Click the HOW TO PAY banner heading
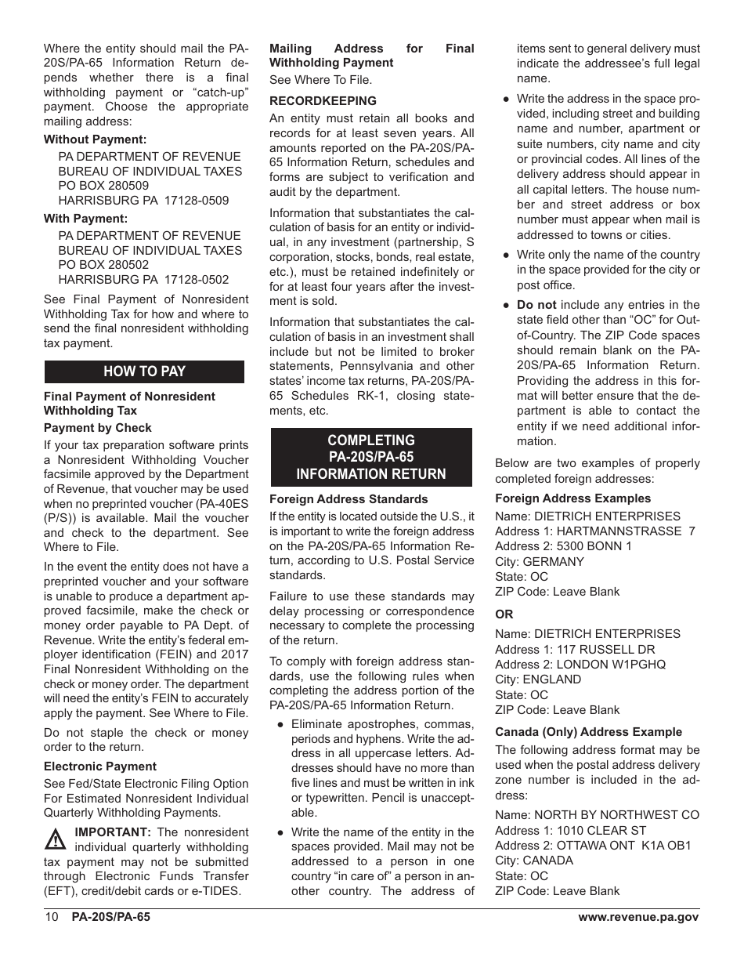click(x=144, y=371)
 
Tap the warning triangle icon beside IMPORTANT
click(x=56, y=840)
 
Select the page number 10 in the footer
click(x=51, y=917)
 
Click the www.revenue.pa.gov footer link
click(x=638, y=917)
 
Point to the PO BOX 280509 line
click(x=103, y=186)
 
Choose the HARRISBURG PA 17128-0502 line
click(x=143, y=280)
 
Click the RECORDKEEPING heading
click(x=323, y=101)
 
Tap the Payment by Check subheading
click(x=98, y=428)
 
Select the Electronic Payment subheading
click(x=100, y=766)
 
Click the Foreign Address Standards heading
click(x=349, y=499)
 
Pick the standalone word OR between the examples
click(x=504, y=614)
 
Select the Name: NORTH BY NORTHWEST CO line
click(x=597, y=815)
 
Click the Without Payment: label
click(x=95, y=140)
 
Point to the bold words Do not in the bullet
click(x=536, y=305)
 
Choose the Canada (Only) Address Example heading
click(x=588, y=732)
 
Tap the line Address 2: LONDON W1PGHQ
click(x=580, y=665)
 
